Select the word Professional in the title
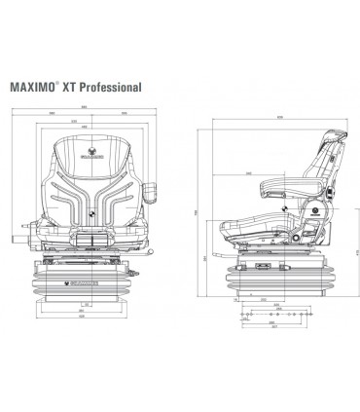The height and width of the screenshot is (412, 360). [118, 85]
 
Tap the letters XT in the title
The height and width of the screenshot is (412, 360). [82, 85]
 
